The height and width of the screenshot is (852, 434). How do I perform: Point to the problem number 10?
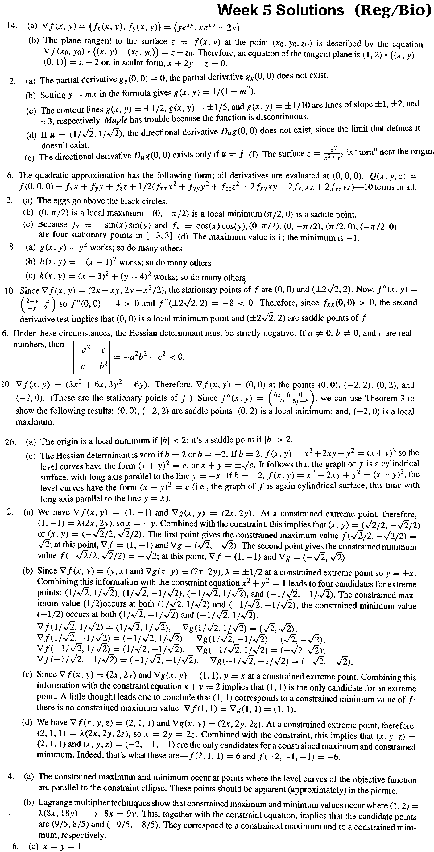(x=10, y=291)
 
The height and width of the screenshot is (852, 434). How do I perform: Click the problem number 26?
(x=10, y=441)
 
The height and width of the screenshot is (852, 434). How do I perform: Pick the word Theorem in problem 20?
(x=375, y=398)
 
